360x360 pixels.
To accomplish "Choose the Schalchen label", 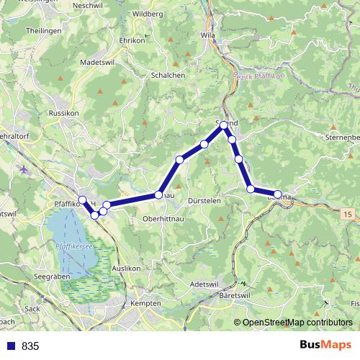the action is [x=168, y=75].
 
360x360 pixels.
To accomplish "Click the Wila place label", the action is [x=209, y=34].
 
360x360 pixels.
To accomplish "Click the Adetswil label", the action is [x=204, y=284].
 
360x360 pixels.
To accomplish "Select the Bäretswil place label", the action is [x=235, y=296].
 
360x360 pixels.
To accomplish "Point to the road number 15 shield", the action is [x=348, y=215].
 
